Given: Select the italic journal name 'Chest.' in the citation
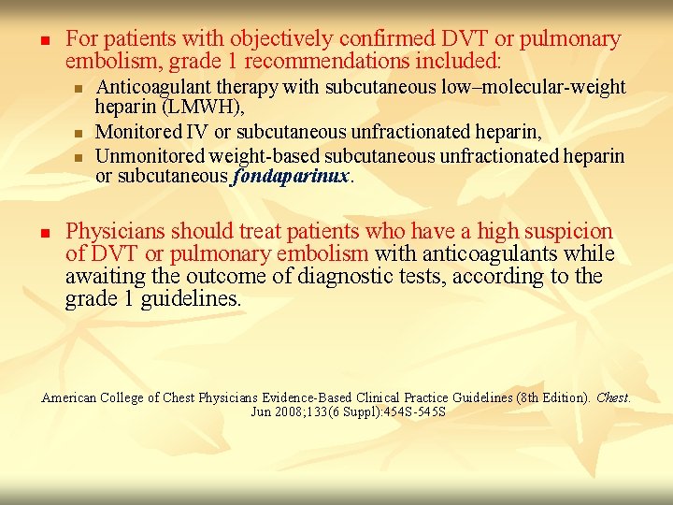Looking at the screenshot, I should (613, 397).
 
